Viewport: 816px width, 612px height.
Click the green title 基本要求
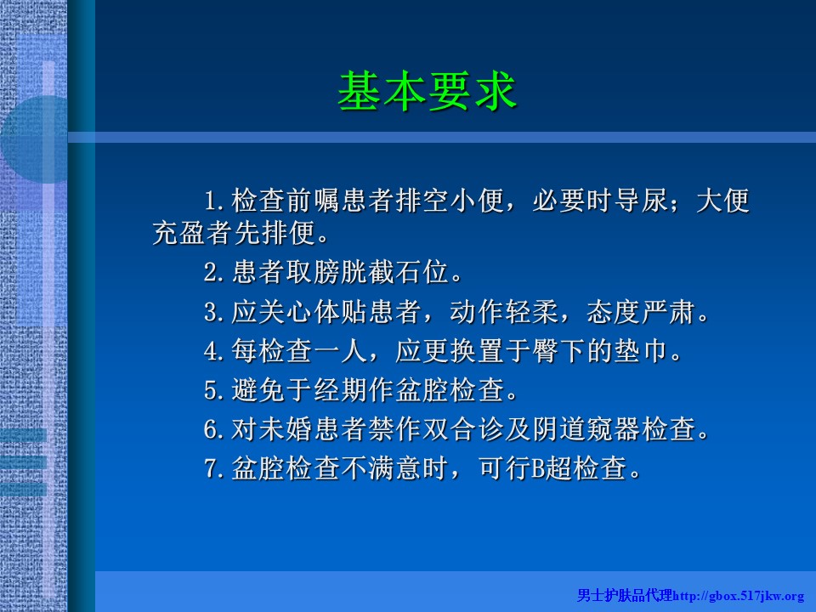coord(428,91)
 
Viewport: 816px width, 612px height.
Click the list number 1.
coord(210,201)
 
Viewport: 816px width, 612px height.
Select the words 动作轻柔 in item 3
coord(504,312)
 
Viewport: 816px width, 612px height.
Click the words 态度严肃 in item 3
coord(641,312)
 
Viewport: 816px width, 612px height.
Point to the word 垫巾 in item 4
coord(641,351)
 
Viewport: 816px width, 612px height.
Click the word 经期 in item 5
coord(340,390)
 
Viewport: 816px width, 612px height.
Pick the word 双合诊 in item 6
coord(463,429)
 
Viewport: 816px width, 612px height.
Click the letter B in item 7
coord(537,468)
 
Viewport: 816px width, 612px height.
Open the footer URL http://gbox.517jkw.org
coord(739,596)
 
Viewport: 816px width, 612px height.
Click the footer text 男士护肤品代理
coord(625,595)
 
